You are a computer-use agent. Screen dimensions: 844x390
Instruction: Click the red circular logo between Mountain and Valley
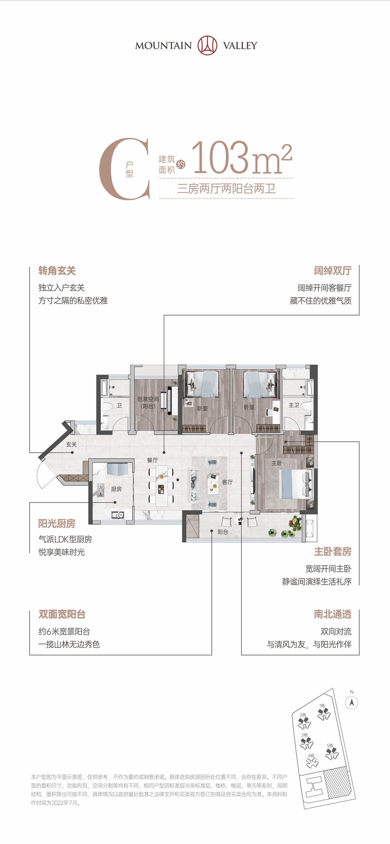point(207,45)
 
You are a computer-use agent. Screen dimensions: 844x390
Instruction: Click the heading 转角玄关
point(57,271)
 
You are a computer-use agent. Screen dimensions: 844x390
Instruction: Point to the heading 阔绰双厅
point(332,271)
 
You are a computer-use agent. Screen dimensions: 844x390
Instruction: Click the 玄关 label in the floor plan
point(71,444)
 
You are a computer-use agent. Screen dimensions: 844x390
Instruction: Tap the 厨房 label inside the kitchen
point(116,489)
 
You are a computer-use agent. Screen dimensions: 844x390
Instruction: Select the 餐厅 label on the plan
point(152,460)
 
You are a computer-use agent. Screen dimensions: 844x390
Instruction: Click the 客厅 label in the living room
point(227,482)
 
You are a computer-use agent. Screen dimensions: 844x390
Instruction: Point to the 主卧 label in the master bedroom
point(277,463)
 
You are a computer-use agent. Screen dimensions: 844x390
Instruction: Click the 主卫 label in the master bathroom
point(294,405)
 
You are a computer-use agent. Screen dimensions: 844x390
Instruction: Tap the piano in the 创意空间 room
point(170,400)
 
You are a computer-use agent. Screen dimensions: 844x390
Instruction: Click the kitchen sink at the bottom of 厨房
point(118,515)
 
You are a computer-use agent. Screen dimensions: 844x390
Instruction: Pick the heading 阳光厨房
point(57,524)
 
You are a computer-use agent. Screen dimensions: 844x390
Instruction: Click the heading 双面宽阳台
point(62,614)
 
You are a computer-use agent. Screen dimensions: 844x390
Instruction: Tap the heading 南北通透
point(332,614)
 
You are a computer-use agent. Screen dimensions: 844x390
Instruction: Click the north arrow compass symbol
point(352,703)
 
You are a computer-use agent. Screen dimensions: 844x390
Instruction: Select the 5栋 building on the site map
point(332,753)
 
